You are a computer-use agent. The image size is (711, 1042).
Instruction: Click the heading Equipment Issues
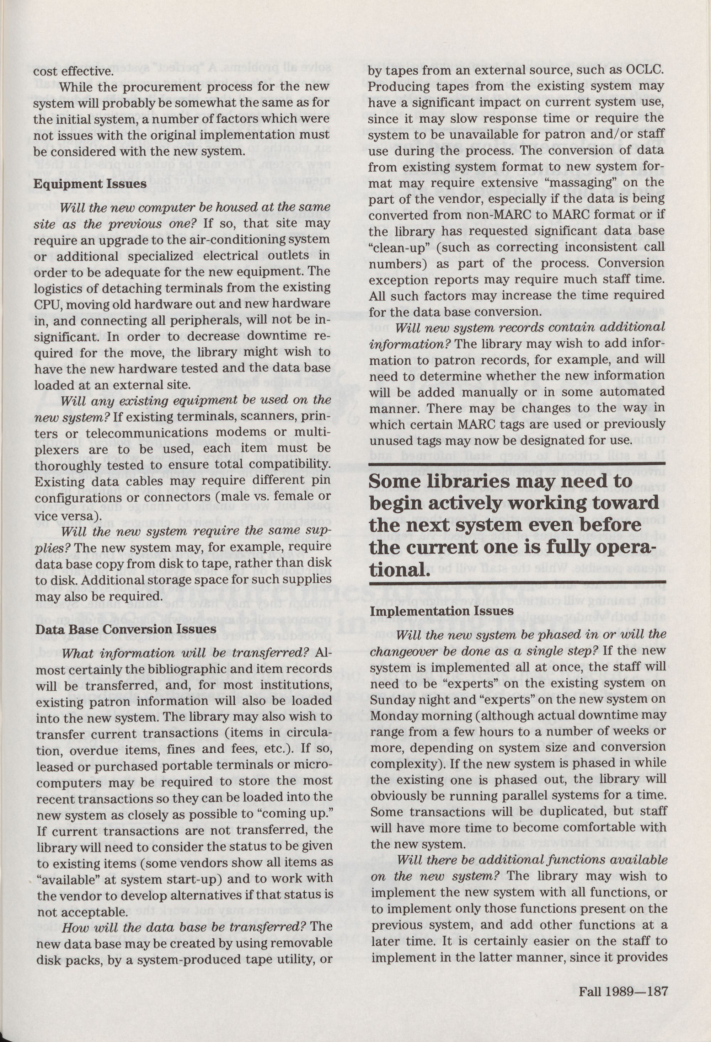pyautogui.click(x=90, y=184)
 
